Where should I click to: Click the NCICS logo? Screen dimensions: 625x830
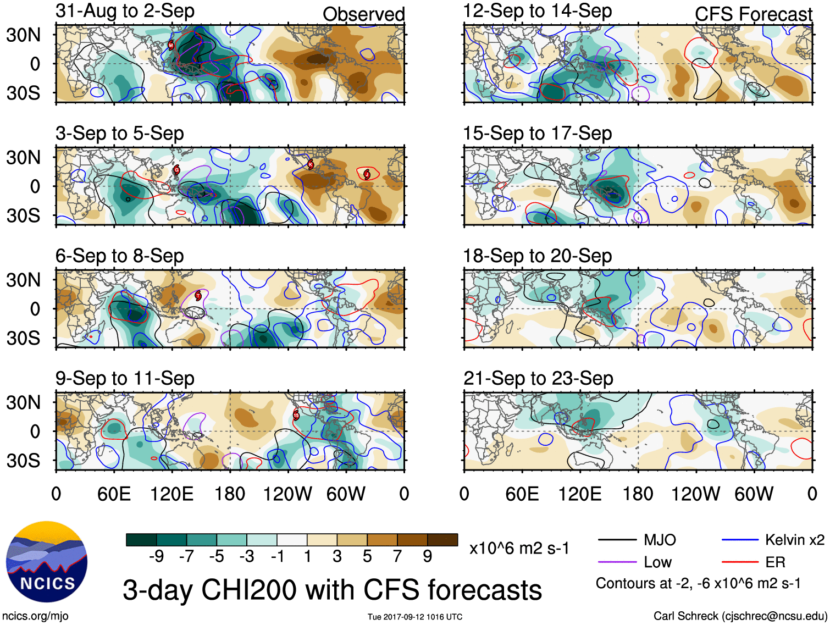47,562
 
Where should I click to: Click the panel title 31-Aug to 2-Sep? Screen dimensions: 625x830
125,11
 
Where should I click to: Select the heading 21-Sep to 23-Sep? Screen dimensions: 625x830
538,378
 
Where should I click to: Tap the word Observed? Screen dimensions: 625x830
363,14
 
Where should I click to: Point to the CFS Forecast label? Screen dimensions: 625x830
753,14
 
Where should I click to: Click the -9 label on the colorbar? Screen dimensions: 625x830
156,557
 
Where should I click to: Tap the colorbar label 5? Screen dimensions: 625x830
367,557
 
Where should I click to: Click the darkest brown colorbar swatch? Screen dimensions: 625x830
442,540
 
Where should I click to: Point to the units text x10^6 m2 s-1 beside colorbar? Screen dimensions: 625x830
519,548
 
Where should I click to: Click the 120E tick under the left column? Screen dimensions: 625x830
172,494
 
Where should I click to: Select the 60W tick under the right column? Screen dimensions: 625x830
754,494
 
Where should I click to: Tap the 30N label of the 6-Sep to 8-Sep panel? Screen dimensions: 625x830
24,280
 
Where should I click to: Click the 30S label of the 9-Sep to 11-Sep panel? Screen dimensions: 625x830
24,461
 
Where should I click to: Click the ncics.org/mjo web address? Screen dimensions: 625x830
35,616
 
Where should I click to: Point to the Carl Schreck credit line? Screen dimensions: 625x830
740,616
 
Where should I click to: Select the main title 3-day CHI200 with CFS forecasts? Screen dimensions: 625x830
332,590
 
